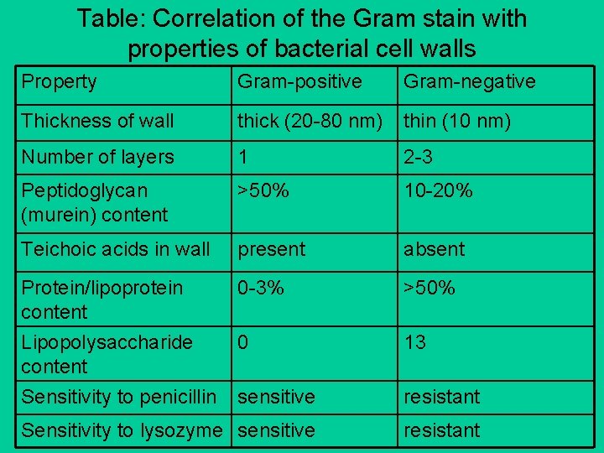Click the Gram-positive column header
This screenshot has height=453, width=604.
coord(299,81)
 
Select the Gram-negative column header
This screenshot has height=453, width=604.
coord(469,81)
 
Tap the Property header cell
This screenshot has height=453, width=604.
coord(59,81)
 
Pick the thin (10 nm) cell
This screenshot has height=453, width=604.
coord(456,121)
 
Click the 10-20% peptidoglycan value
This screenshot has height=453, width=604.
coord(438,190)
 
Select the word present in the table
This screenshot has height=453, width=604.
coord(272,249)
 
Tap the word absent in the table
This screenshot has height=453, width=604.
coord(434,249)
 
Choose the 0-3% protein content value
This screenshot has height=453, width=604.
coord(261,288)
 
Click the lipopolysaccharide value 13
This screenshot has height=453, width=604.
coord(414,342)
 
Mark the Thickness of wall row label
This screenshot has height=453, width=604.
coord(97,121)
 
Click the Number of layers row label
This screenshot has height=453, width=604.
coord(97,157)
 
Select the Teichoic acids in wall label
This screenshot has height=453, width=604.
coord(116,249)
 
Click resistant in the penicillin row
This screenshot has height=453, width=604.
coord(441,396)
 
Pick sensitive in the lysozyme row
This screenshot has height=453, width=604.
coord(276,430)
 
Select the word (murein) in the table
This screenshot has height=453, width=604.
coord(54,215)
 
